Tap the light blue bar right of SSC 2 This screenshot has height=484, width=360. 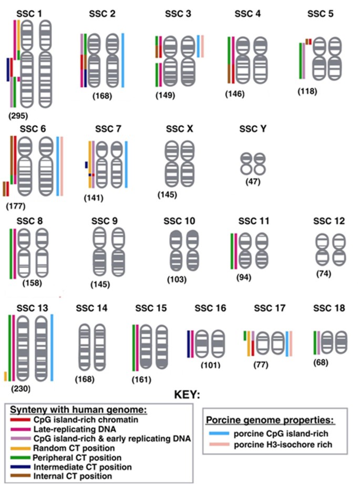123,60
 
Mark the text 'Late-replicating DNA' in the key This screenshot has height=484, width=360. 68,429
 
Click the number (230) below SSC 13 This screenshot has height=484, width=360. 22,389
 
